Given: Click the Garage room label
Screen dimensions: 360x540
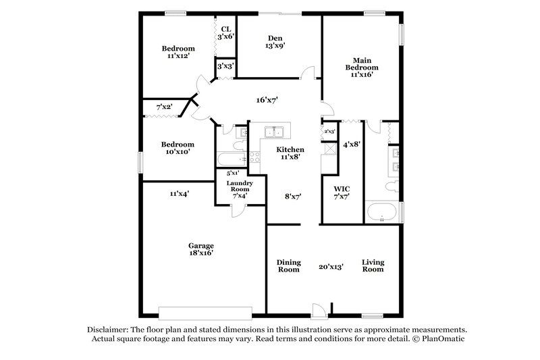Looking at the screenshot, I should (201, 250).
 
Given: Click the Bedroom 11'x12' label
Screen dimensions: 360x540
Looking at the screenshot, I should (178, 53).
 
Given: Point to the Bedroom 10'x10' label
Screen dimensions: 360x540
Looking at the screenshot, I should (178, 148).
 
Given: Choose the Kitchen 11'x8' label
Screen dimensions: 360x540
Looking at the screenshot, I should (290, 153).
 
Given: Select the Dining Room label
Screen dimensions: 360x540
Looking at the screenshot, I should (288, 266).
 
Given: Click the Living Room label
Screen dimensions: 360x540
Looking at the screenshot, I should (373, 266).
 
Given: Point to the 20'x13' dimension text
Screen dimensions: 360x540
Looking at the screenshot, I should (331, 267).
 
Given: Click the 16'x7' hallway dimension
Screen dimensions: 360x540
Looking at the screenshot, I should (267, 100).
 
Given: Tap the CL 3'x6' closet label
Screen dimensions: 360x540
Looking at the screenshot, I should (225, 33).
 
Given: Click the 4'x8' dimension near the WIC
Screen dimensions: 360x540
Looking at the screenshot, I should (351, 144).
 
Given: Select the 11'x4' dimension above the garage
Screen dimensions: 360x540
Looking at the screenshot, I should (179, 194).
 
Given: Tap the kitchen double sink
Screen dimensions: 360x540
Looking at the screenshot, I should (274, 131).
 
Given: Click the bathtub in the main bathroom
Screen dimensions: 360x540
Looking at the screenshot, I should (381, 211).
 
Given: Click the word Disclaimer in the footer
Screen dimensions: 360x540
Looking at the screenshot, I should (109, 328).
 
